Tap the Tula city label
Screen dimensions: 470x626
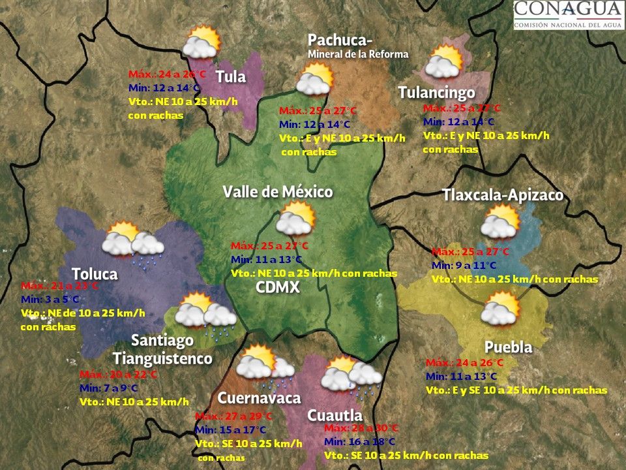click(x=231, y=77)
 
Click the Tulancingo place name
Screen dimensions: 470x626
click(x=436, y=93)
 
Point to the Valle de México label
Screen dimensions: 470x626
click(x=278, y=192)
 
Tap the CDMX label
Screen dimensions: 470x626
click(x=278, y=287)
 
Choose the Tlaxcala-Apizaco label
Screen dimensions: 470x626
click(x=502, y=195)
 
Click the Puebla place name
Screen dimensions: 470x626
click(x=508, y=347)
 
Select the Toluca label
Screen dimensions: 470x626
click(x=95, y=274)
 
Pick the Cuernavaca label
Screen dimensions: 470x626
click(x=259, y=398)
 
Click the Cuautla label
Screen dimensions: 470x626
click(x=335, y=415)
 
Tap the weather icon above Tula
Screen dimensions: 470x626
click(x=200, y=43)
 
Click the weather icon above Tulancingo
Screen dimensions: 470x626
click(x=443, y=63)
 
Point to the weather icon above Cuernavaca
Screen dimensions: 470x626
click(x=265, y=363)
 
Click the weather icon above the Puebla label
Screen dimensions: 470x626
click(x=499, y=308)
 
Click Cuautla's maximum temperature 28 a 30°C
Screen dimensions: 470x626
click(x=361, y=428)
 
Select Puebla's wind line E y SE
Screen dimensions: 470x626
click(x=516, y=390)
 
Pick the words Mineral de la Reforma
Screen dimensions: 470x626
click(x=358, y=54)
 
